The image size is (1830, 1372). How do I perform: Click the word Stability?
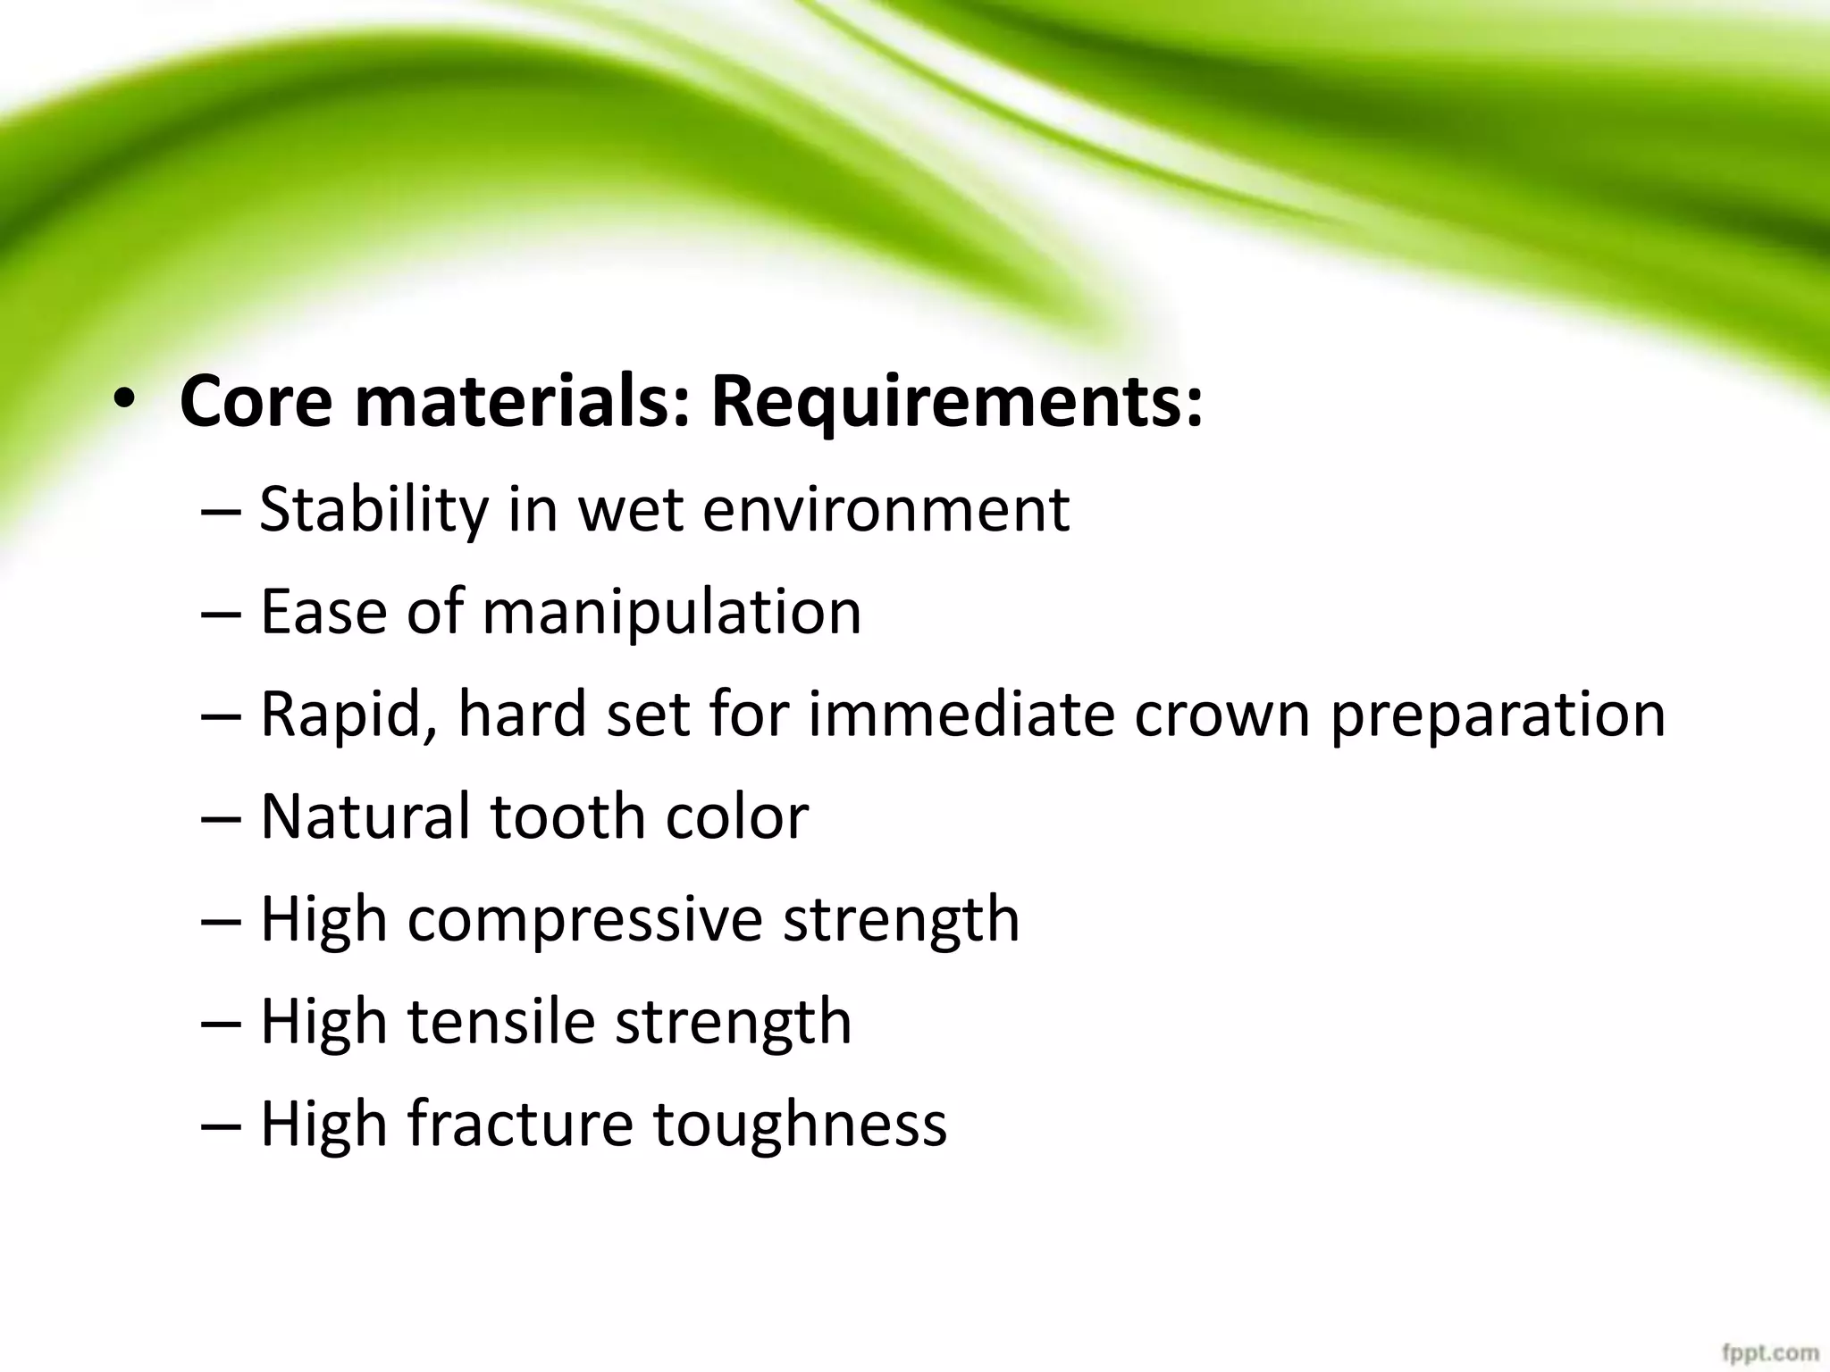point(374,510)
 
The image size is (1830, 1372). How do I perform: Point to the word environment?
point(886,510)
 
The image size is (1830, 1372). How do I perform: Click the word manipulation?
point(672,614)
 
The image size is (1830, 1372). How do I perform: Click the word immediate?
point(961,715)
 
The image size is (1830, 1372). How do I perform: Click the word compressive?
point(584,920)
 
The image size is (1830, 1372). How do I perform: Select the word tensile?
point(501,1022)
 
